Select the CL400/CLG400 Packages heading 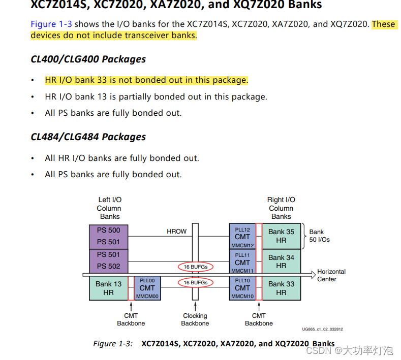tap(88, 59)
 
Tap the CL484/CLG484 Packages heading tap(88, 137)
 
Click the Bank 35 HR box tap(281, 236)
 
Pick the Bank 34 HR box tap(281, 261)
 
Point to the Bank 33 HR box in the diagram tap(281, 288)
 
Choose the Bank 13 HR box tap(109, 288)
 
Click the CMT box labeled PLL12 tap(242, 236)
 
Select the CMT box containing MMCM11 tap(242, 262)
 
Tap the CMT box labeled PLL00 tap(147, 288)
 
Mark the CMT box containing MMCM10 tap(242, 288)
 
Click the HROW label tap(176, 232)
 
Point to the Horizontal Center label tap(331, 275)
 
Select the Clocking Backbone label tap(195, 319)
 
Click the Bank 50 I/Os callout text tap(319, 236)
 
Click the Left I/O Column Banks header tap(109, 208)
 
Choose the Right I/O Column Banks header tap(281, 208)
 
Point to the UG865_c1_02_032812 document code tap(322, 329)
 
